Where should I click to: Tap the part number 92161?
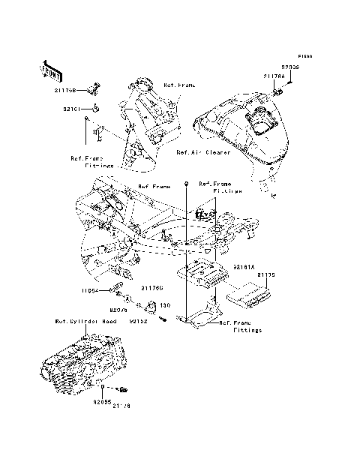[x=71, y=109]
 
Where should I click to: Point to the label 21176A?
[x=274, y=76]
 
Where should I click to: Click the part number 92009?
[x=290, y=67]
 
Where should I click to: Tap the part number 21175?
[x=266, y=275]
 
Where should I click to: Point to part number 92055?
[x=102, y=402]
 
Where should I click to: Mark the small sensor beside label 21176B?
[x=93, y=90]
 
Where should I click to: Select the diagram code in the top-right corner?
[x=304, y=56]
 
